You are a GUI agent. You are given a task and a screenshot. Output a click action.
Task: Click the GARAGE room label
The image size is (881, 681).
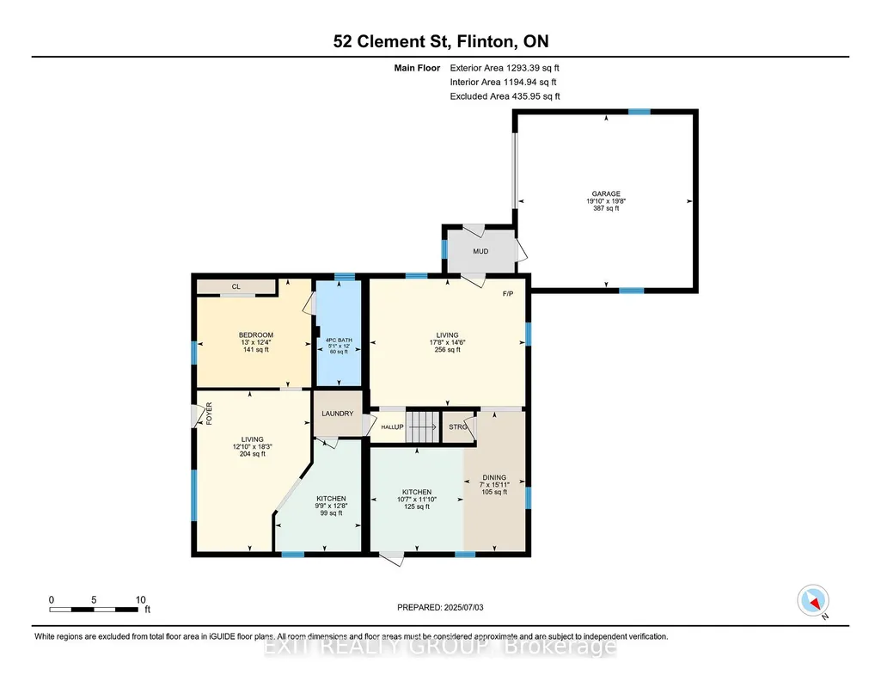606,193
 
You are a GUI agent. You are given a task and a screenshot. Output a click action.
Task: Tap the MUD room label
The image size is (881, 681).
480,251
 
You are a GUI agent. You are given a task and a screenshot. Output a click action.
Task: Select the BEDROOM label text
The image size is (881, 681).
255,334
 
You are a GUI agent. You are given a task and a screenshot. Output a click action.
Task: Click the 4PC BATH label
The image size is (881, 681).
339,340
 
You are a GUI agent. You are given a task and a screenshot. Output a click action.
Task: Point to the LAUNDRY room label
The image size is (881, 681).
337,414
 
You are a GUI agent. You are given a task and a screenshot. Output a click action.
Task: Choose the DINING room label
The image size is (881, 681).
494,477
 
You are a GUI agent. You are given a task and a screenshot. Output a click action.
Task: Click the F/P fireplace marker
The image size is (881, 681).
507,294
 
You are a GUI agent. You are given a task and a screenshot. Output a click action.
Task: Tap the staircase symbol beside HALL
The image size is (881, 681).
422,426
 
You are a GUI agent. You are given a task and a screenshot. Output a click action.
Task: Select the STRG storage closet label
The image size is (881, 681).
458,427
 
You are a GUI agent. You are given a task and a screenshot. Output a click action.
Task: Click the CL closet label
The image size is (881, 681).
236,286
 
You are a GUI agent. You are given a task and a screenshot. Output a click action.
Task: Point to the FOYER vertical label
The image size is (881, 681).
209,413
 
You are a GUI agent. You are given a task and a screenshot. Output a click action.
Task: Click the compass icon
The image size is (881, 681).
813,601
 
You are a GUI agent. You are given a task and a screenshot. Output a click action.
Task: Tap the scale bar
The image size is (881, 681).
94,610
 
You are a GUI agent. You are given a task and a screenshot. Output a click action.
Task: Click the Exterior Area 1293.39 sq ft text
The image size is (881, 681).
505,68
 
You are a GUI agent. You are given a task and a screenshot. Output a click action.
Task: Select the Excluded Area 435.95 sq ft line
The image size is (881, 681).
505,96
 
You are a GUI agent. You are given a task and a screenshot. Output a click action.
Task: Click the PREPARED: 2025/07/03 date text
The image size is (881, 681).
440,607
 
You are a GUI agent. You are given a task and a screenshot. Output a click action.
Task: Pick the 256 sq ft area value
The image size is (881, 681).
447,349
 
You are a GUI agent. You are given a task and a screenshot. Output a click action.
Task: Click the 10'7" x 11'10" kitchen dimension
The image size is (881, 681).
417,499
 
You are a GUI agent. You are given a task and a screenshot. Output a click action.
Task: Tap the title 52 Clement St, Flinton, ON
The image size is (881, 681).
440,41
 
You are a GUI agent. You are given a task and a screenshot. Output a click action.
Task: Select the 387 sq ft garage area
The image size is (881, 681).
606,208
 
